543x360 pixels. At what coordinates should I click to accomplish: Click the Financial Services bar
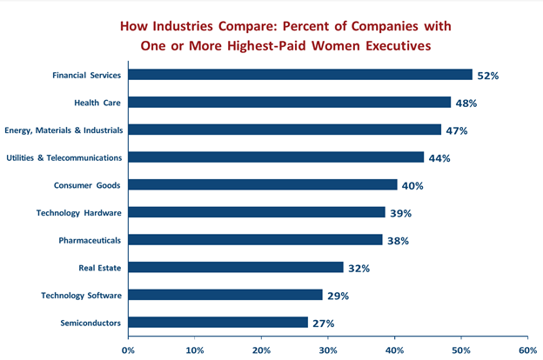point(300,75)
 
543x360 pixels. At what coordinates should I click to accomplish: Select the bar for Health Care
point(290,103)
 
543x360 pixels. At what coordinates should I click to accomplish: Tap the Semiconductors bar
point(218,323)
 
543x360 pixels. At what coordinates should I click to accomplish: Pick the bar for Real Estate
point(236,268)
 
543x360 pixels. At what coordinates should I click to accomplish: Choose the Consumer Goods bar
point(263,185)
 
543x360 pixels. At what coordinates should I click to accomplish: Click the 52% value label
point(487,76)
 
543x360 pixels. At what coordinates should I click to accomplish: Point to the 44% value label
point(439,158)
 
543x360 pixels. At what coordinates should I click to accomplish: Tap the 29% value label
point(338,296)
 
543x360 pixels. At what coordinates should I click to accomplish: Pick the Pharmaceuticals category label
point(85,240)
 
